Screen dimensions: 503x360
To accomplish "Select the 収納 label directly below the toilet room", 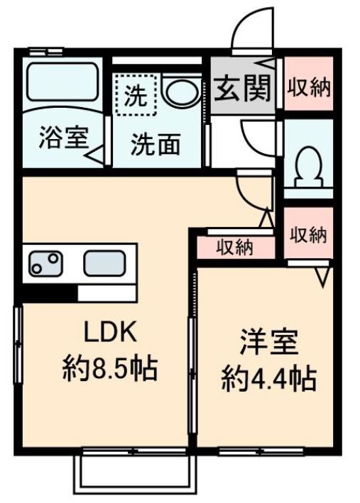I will tap(309, 235).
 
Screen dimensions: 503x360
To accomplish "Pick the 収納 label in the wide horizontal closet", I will tap(234, 248).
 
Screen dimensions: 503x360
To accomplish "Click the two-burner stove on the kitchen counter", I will tap(45, 264).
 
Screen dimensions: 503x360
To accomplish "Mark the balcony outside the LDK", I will tap(135, 474).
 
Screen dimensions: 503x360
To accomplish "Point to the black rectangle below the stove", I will tap(50, 291).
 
